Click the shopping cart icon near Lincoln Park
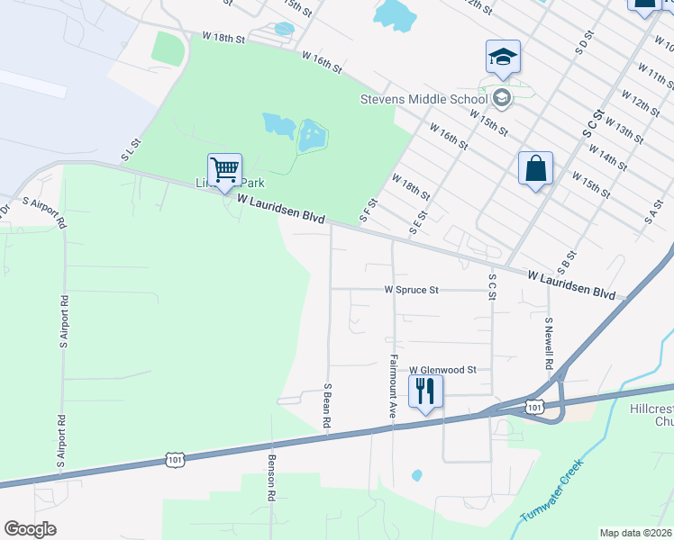(224, 168)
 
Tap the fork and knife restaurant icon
(424, 391)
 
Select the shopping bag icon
(535, 167)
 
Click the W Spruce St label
(411, 291)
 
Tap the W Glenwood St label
(442, 370)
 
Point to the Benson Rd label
(270, 477)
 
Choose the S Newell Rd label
(548, 343)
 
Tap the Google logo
(30, 529)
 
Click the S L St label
(133, 150)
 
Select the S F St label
(366, 212)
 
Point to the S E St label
(416, 220)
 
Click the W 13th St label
(625, 127)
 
